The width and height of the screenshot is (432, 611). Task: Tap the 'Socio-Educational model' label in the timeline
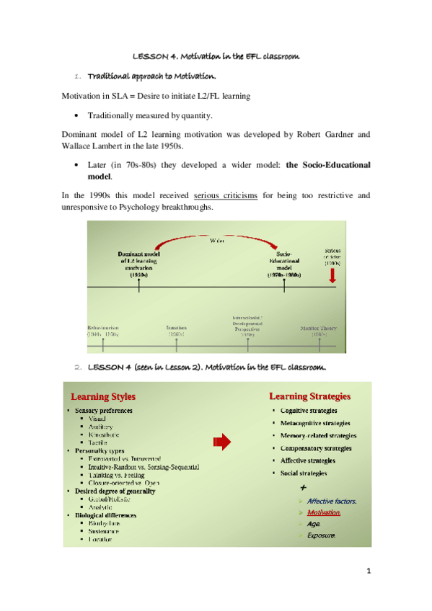283,265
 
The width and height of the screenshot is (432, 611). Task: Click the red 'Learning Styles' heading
102,396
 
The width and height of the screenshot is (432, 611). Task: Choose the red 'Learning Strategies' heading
310,396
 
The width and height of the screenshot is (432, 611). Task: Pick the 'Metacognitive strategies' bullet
315,423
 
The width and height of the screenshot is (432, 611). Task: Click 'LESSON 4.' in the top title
155,55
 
